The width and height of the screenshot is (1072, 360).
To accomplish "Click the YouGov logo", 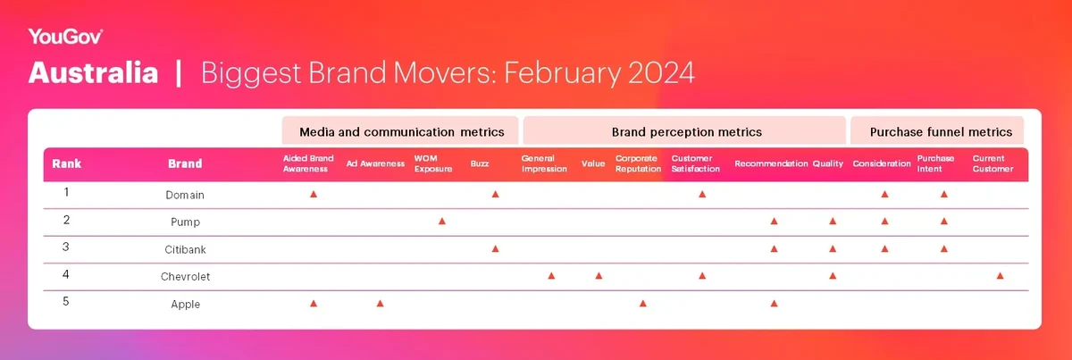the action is point(65,37).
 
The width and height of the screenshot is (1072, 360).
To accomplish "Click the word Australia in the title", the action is point(93,72).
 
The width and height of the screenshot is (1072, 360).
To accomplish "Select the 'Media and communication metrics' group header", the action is point(401,131).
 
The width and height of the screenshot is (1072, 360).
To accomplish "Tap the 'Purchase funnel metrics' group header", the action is point(941,131).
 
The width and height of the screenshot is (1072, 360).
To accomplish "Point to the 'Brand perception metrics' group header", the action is point(687,131).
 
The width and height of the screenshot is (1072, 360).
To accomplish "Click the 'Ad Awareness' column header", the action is point(375,163).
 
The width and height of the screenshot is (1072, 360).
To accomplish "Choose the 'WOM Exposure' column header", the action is point(433,163).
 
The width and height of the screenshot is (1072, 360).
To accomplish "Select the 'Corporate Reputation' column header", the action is point(638,163).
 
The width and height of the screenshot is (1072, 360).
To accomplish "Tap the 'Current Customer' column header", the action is point(992,163).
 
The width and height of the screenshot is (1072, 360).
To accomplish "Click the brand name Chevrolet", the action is point(185,277).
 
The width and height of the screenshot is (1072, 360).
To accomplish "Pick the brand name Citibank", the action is point(185,249).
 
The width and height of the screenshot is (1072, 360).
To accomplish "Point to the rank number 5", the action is point(66,302).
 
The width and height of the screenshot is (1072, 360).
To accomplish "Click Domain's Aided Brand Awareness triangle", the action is point(314,195).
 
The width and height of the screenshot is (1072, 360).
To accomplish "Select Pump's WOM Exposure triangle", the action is point(442,222).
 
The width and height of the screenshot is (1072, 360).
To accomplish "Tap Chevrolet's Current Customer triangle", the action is point(1000,276).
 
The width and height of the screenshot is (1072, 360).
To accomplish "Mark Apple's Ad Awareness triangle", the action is point(380,304).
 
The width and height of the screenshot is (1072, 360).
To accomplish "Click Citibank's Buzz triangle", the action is point(495,249).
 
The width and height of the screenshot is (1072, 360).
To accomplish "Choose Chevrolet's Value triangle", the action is point(599,276).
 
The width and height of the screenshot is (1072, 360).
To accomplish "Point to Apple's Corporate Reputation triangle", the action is point(642,304).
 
